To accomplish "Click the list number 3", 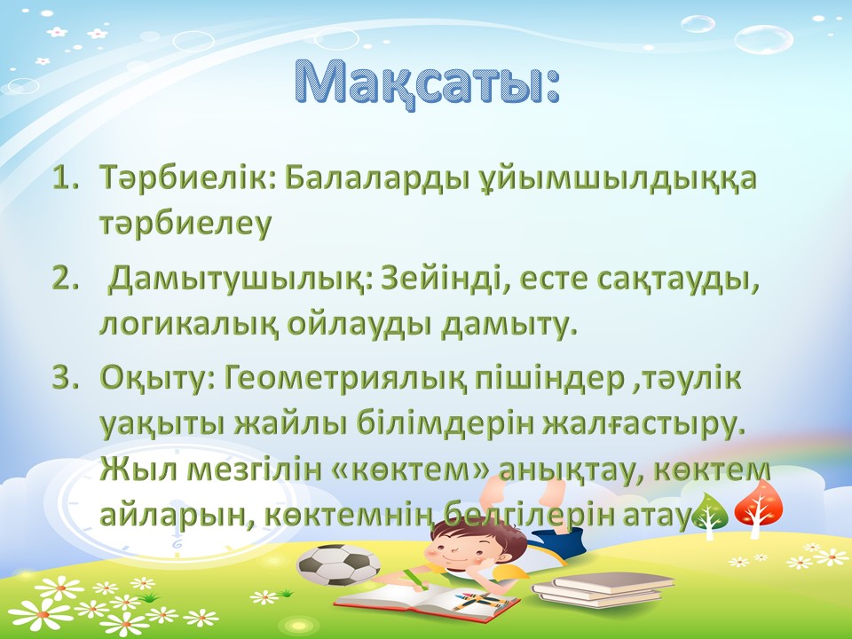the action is (x=63, y=378).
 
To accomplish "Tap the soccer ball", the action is (x=338, y=564).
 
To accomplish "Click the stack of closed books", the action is (x=603, y=590).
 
